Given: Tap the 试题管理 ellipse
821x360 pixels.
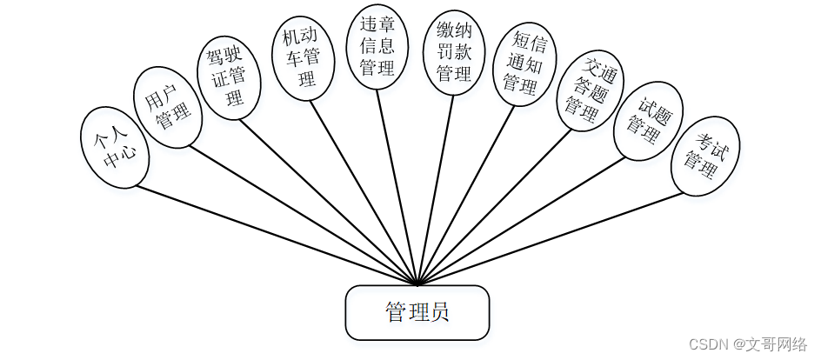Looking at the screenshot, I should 648,122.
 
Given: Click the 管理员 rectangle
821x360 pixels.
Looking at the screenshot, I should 417,312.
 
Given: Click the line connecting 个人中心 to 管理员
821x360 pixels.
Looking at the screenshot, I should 278,235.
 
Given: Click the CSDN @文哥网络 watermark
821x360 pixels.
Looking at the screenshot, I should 748,345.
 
